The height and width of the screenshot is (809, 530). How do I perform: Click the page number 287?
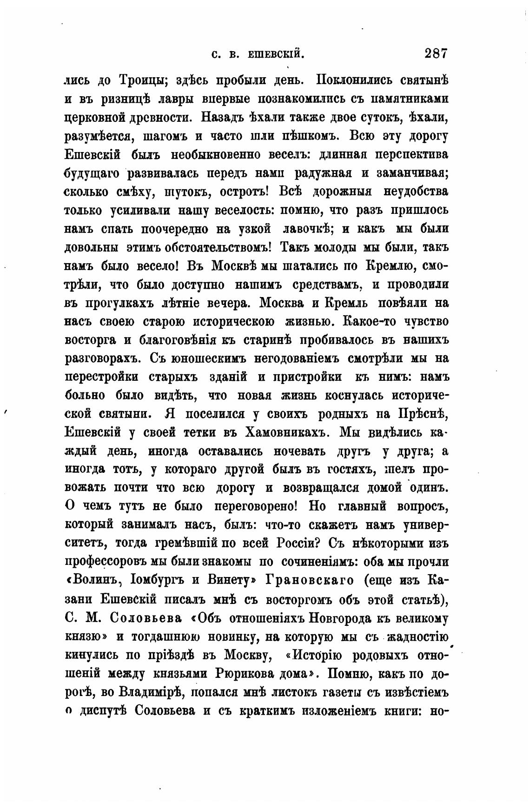click(x=435, y=53)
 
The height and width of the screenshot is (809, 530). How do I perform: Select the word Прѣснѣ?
click(x=423, y=414)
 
